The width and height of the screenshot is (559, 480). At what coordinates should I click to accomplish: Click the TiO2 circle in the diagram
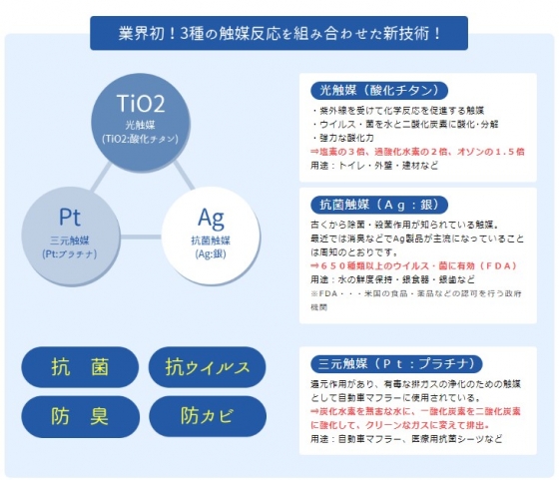pos(141,123)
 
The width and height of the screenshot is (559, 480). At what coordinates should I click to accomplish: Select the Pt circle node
pos(71,237)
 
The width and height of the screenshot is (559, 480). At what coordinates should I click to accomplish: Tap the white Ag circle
pos(211,236)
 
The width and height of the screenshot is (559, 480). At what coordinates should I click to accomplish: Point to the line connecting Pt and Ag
pos(141,237)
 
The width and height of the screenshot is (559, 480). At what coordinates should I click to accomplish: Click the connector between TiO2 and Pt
pos(101,177)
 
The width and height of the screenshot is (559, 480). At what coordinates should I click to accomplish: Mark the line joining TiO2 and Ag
pos(185,176)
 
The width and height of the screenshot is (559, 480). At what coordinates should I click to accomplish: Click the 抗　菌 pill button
pos(80,366)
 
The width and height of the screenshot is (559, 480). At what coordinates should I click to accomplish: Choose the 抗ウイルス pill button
pos(208,366)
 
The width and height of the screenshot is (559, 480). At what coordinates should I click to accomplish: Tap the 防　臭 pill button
pos(80,416)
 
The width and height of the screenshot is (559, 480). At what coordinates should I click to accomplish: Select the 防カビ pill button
pos(208,416)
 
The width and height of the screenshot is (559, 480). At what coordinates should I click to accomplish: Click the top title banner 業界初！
pos(279,33)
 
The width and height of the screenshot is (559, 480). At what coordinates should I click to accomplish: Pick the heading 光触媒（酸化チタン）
pos(379,91)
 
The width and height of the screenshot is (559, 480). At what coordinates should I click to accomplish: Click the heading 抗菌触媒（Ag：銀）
pos(379,205)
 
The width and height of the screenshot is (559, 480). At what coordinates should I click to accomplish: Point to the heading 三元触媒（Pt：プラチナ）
pos(396,363)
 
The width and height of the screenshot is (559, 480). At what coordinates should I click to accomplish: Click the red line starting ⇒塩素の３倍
pos(417,152)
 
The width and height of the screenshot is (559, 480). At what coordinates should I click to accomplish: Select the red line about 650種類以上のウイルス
pos(414,265)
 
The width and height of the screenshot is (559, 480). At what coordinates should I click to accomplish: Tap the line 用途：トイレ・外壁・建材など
pos(374,166)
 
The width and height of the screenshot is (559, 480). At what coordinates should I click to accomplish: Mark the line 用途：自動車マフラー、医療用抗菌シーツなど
pos(406,439)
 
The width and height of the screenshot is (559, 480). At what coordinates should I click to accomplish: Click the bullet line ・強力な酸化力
pos(343,138)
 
